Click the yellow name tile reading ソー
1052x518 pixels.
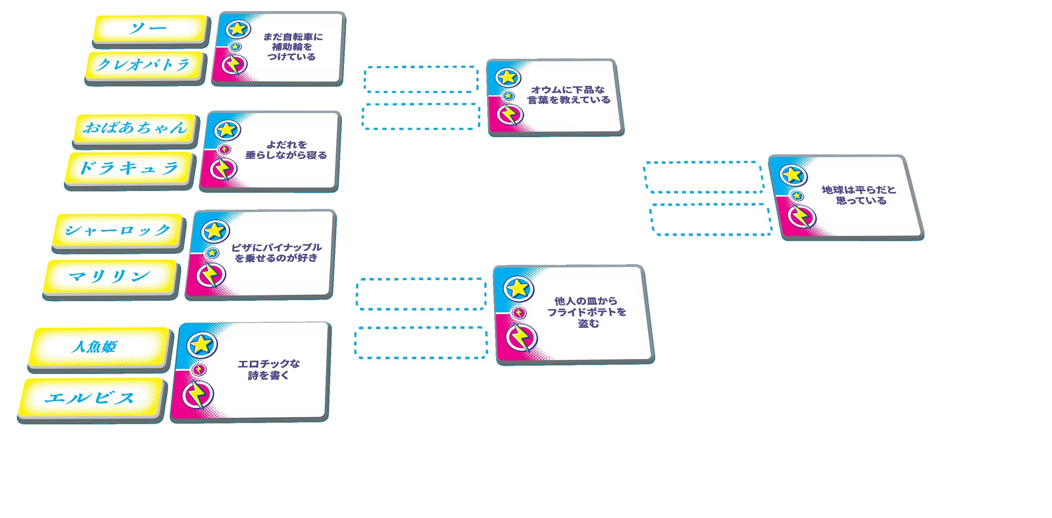(149, 29)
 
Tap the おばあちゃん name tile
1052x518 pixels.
(135, 128)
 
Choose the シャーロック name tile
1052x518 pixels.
(118, 230)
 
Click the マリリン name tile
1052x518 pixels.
(109, 276)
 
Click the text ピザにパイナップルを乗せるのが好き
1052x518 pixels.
(276, 253)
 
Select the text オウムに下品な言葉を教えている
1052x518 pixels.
(568, 95)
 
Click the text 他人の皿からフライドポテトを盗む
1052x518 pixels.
(587, 312)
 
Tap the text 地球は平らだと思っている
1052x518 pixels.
(859, 195)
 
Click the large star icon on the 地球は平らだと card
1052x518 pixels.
(793, 175)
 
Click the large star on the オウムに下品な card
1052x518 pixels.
(508, 77)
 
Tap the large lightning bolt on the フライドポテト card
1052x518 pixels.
(521, 338)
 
